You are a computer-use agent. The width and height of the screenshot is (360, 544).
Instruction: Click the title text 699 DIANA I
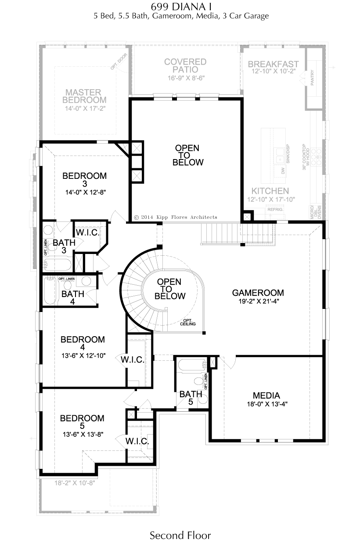tap(180, 7)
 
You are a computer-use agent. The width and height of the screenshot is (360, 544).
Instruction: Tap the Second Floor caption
tap(180, 535)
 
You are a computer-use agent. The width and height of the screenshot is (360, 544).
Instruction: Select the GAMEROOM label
tap(258, 293)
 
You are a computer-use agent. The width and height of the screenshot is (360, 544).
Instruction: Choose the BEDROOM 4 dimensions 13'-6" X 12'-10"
tap(83, 356)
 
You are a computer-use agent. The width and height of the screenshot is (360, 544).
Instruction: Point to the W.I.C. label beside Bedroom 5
tap(137, 441)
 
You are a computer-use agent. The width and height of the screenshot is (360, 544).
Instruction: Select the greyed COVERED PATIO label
tap(185, 65)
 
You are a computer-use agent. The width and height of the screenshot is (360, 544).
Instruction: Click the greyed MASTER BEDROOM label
tap(83, 96)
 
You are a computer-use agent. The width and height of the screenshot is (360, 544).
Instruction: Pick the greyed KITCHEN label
tap(270, 191)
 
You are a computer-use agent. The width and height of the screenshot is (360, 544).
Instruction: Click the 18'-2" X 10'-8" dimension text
tap(75, 482)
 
